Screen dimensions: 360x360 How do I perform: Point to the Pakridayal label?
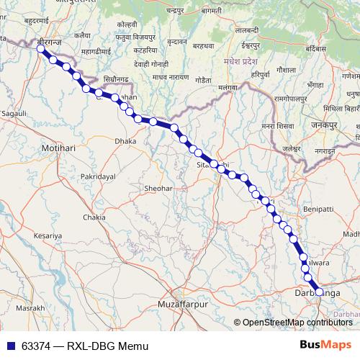click(99, 176)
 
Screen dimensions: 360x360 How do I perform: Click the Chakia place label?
click(94, 217)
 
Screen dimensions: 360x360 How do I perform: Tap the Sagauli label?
click(14, 114)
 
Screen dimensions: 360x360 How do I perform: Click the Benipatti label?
click(319, 208)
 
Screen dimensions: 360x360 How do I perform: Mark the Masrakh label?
click(30, 307)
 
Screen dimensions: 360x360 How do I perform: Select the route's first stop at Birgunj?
click(41, 49)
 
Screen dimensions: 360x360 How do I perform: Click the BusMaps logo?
click(325, 346)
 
